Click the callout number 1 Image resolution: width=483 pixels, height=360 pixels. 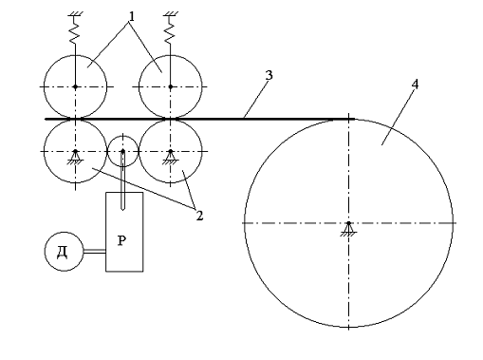pos(132,16)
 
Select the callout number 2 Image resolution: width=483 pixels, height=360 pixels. pos(199,216)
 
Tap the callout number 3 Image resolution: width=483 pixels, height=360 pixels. pos(269,75)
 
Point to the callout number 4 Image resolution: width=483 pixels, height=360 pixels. pos(416,85)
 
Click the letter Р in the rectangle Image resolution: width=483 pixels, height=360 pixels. pos(122,241)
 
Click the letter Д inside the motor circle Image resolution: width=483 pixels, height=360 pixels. pos(63,253)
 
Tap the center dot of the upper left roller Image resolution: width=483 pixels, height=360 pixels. pos(75,86)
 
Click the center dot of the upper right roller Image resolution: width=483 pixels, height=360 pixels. pos(171,86)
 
